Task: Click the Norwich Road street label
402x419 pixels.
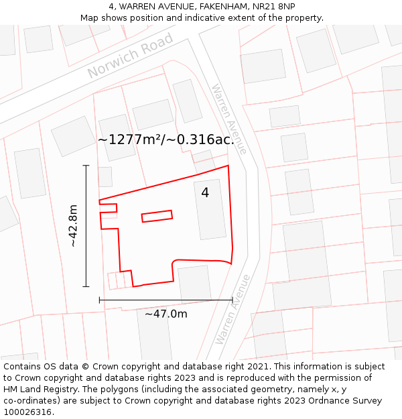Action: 130,55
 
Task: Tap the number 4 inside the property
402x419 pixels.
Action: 205,192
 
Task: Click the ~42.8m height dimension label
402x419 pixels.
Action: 74,226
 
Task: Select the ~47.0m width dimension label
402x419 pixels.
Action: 166,313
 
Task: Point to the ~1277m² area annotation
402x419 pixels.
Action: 166,140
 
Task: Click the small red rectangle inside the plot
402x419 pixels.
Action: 157,216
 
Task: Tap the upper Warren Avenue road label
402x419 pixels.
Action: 229,119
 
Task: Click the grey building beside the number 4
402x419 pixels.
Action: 210,208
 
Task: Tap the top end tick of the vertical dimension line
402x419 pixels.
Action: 86,165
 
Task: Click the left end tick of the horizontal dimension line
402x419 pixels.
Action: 99,300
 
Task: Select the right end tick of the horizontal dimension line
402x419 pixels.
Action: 232,300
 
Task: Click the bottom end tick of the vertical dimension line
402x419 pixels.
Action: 86,286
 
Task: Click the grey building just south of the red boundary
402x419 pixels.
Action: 195,283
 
